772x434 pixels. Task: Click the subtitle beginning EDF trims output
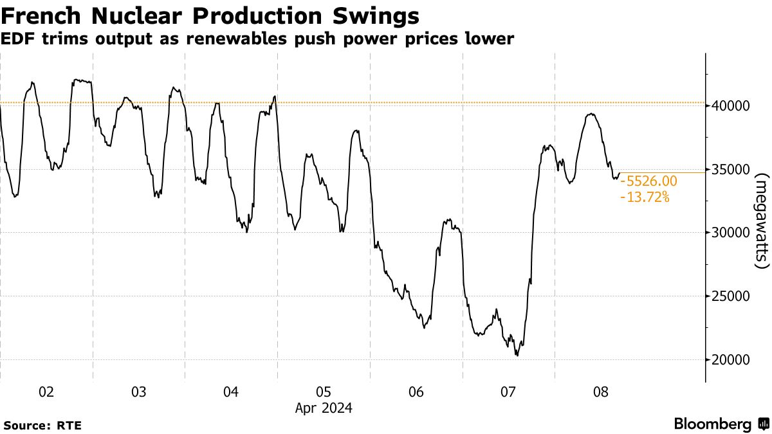(257, 39)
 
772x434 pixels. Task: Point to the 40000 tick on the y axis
(729, 105)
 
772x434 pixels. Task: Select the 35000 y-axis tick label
(729, 169)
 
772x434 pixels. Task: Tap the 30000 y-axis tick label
(729, 232)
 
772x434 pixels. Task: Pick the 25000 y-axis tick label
(729, 296)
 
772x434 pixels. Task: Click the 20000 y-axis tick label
(729, 359)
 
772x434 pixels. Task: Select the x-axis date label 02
(46, 392)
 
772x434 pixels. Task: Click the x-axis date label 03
(139, 392)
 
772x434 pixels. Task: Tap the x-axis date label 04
(231, 392)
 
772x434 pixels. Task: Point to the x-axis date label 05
(324, 392)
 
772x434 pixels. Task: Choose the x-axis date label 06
(416, 392)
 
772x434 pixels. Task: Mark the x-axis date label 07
(508, 392)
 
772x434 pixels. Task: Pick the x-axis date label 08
(601, 392)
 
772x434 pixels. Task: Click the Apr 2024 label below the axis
(324, 408)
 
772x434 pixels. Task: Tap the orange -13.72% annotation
(645, 197)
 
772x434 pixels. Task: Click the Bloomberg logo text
(713, 424)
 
